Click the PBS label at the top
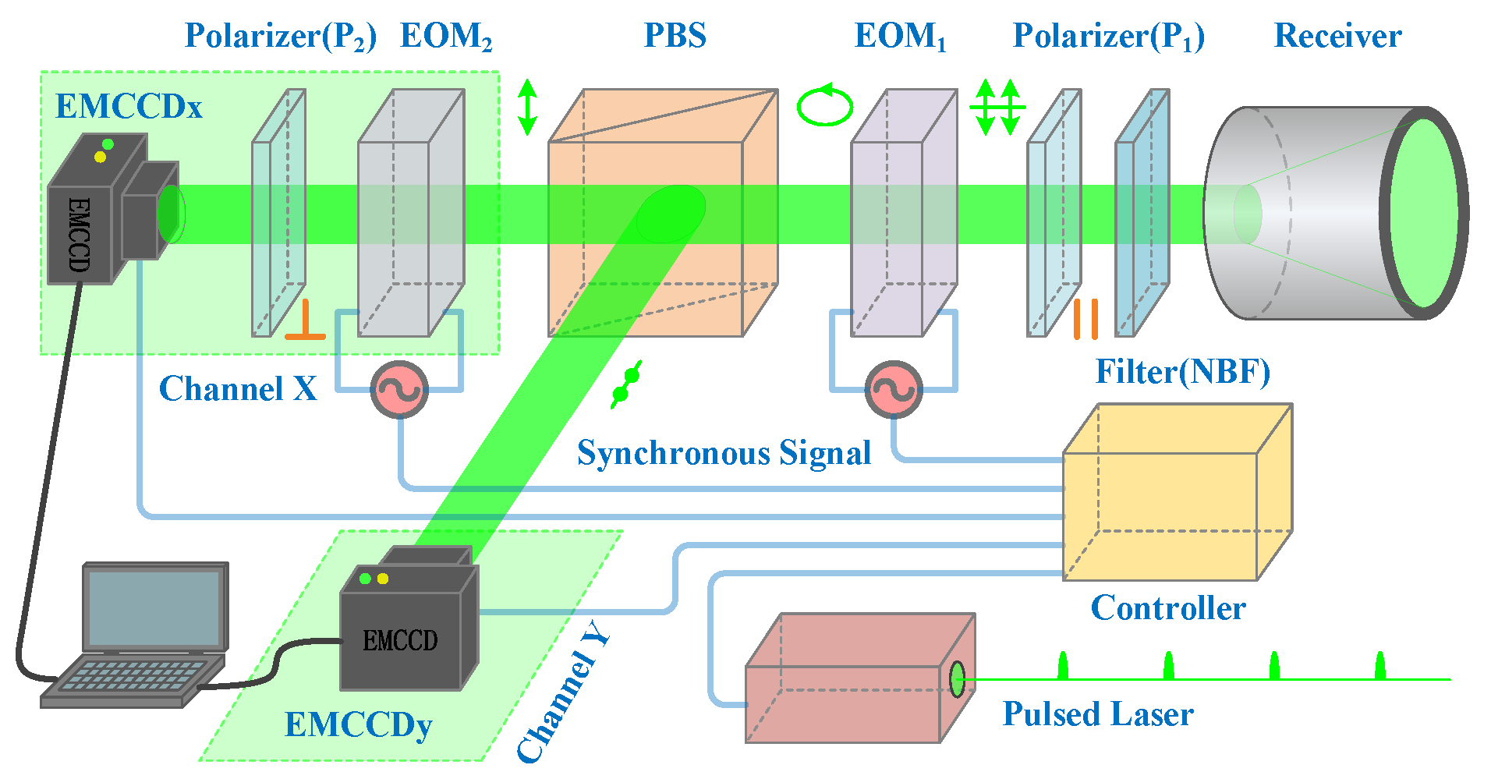click(x=675, y=36)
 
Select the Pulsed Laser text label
click(x=1097, y=713)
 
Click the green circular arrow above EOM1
click(x=825, y=106)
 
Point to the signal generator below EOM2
click(x=399, y=390)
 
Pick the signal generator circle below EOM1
click(x=894, y=389)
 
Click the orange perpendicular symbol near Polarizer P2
click(x=305, y=321)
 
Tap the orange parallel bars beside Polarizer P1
click(x=1085, y=319)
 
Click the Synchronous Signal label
click(x=724, y=453)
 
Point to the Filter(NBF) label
click(x=1182, y=372)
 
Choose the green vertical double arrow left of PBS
click(x=528, y=107)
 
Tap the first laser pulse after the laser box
click(x=1062, y=667)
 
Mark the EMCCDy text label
click(x=358, y=724)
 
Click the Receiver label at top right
click(x=1337, y=36)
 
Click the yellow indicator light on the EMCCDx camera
click(x=100, y=158)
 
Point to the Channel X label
click(x=238, y=388)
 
